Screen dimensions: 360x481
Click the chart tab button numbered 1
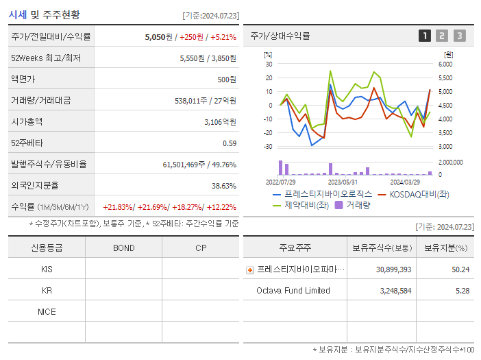(x=425, y=36)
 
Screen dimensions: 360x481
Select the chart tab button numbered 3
(x=459, y=36)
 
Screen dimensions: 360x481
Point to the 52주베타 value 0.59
(x=229, y=143)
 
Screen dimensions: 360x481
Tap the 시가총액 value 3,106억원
(x=220, y=122)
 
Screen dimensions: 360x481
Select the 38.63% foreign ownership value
(x=223, y=186)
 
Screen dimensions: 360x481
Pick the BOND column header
(x=123, y=248)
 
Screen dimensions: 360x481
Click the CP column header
(x=200, y=248)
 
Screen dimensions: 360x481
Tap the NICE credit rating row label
(x=47, y=311)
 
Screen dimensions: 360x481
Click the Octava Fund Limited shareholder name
(x=293, y=291)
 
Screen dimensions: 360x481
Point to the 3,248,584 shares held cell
(x=393, y=291)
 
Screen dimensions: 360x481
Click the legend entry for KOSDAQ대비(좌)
(x=418, y=194)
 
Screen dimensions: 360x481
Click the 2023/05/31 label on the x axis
(x=343, y=182)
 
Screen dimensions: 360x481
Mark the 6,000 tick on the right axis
(x=445, y=64)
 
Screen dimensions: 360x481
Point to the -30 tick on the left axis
(x=268, y=147)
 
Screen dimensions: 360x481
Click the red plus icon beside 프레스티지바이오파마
(x=250, y=270)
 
